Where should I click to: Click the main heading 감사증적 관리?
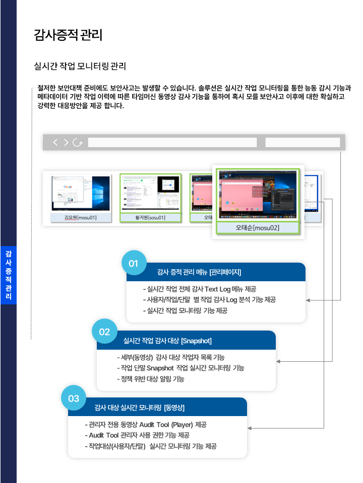68,35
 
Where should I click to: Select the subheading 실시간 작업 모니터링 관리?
79,66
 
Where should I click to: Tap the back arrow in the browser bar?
55,142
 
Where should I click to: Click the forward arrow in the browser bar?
66,142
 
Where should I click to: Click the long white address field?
172,142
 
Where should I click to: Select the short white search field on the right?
302,142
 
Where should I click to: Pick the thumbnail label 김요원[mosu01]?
81,217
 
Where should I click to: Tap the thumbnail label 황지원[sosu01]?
150,217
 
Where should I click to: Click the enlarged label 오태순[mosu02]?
258,228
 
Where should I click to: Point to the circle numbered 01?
134,263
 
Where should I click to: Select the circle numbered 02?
104,332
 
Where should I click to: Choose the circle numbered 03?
74,398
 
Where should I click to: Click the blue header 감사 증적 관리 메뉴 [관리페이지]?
199,272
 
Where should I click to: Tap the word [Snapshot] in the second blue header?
196,341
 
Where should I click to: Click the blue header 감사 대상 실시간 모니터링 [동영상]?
143,407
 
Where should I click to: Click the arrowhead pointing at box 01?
309,300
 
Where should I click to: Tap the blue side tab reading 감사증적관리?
9,274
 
